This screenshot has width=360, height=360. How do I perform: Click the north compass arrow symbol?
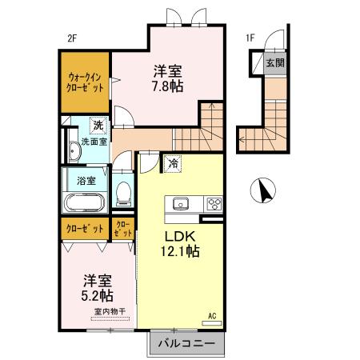262,190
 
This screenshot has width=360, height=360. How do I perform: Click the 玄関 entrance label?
274,63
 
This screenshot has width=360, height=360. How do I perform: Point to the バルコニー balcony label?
185,343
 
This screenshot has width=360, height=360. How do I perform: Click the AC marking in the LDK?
213,314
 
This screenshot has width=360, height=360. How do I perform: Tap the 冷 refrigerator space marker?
174,163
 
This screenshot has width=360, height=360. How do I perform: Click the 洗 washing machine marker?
97,125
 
